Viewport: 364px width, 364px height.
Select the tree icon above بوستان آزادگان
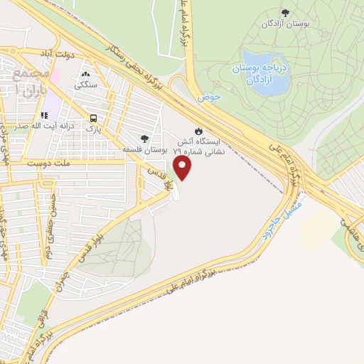285,12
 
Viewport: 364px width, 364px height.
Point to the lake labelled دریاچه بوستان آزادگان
264,70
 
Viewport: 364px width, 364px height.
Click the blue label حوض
206,97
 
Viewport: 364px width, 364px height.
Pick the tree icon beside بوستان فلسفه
144,139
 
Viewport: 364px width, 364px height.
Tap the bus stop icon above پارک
94,119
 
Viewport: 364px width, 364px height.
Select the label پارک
94,129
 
